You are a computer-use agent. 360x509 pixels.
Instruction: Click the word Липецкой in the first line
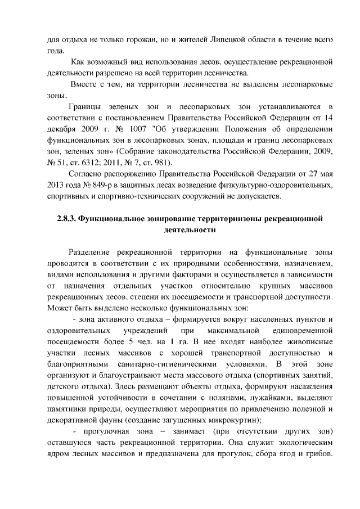224,40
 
